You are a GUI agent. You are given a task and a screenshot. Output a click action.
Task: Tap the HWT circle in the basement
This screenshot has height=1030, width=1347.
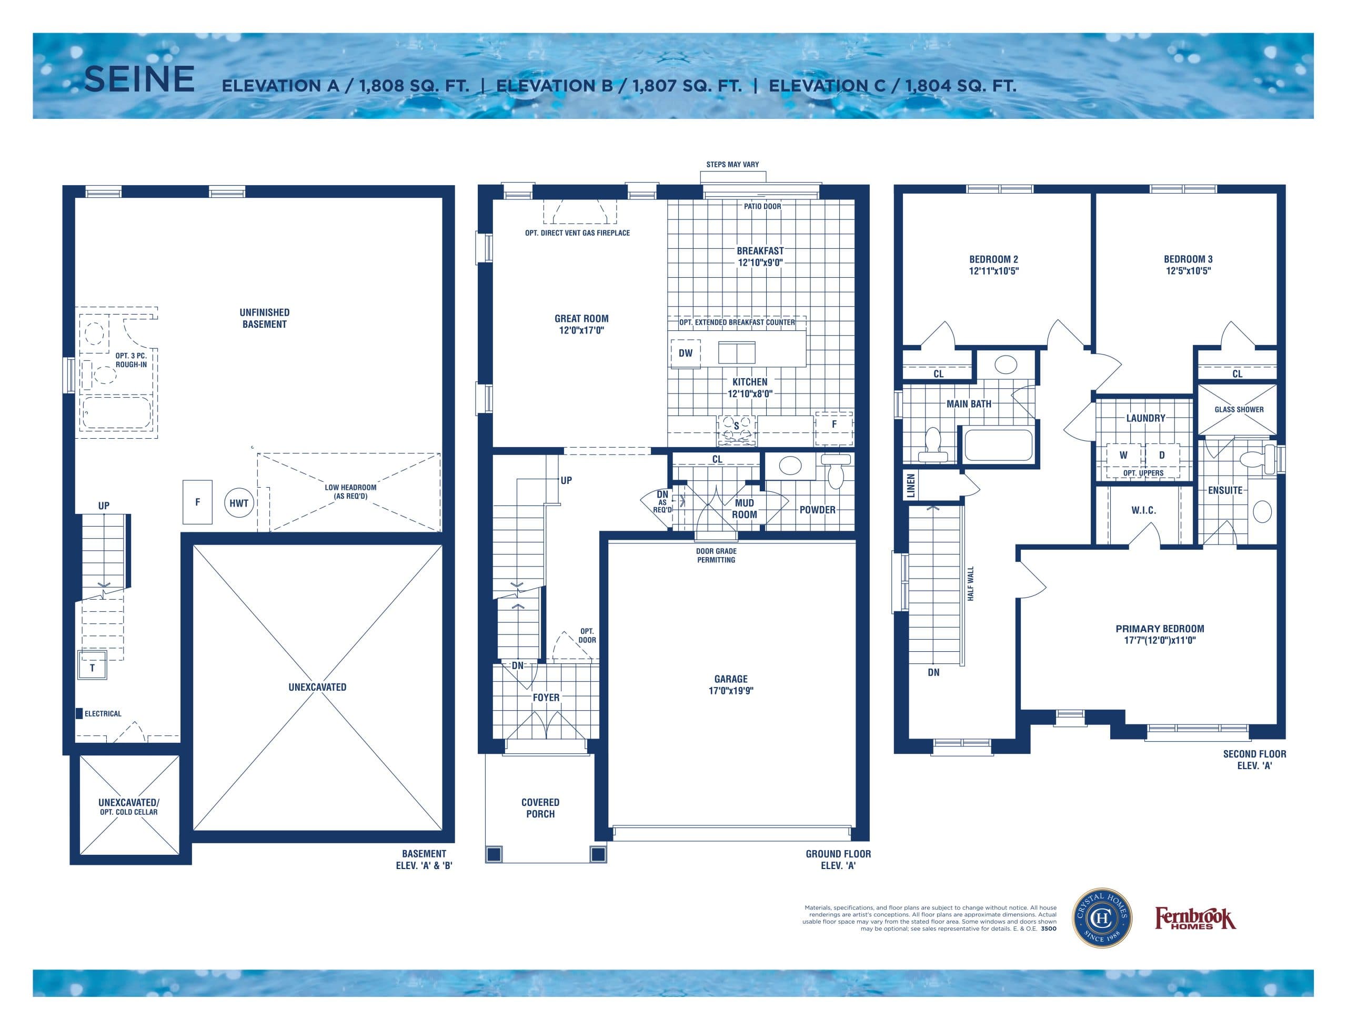click(x=238, y=503)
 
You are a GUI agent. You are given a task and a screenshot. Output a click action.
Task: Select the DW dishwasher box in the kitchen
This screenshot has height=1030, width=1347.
click(x=686, y=354)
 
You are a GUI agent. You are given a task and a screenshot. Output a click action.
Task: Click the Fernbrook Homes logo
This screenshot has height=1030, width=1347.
click(x=1195, y=919)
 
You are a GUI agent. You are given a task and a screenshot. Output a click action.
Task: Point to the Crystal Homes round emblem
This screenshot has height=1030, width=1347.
click(x=1102, y=918)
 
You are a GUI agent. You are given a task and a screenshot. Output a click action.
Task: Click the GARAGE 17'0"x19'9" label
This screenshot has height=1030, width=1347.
click(x=731, y=685)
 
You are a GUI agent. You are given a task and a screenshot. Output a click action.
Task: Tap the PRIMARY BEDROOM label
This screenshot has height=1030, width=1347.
click(x=1159, y=629)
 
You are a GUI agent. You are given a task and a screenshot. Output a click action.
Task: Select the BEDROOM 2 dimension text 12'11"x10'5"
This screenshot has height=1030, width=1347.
click(x=993, y=271)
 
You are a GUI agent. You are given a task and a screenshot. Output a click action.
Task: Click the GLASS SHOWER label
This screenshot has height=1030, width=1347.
click(x=1239, y=410)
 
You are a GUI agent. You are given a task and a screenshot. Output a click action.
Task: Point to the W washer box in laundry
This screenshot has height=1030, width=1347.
click(x=1123, y=456)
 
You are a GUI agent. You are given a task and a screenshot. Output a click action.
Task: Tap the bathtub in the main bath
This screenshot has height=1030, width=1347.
click(x=998, y=445)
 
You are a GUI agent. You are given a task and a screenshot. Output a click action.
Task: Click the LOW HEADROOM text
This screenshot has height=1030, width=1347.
click(x=351, y=492)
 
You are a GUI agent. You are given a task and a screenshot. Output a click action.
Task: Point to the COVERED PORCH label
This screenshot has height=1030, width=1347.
click(x=540, y=808)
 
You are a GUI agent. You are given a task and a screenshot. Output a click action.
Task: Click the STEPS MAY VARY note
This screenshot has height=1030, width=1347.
click(x=732, y=164)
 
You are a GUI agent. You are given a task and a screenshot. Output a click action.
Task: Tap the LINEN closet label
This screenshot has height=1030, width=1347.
click(x=910, y=486)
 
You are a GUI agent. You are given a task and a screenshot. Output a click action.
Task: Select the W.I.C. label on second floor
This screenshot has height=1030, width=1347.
click(x=1143, y=510)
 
